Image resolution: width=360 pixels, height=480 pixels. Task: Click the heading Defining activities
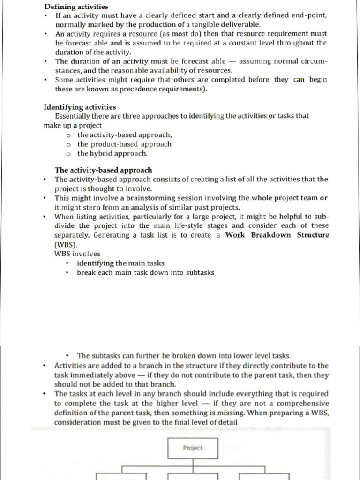(76, 7)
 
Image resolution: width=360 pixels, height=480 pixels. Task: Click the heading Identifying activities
(80, 107)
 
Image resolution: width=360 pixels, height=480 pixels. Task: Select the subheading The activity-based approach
(103, 170)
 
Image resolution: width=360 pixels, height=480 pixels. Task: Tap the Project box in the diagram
(193, 448)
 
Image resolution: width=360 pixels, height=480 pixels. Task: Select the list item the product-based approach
(124, 144)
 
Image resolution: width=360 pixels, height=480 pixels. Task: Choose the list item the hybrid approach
(112, 153)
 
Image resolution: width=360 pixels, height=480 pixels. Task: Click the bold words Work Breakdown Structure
(277, 235)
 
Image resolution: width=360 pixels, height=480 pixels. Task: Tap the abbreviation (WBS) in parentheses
(66, 244)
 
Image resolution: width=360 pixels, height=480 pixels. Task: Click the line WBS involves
(77, 254)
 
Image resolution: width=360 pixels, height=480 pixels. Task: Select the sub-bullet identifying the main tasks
(120, 263)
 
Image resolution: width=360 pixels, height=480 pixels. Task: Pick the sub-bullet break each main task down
(145, 272)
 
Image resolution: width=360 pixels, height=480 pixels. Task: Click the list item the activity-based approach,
(121, 135)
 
